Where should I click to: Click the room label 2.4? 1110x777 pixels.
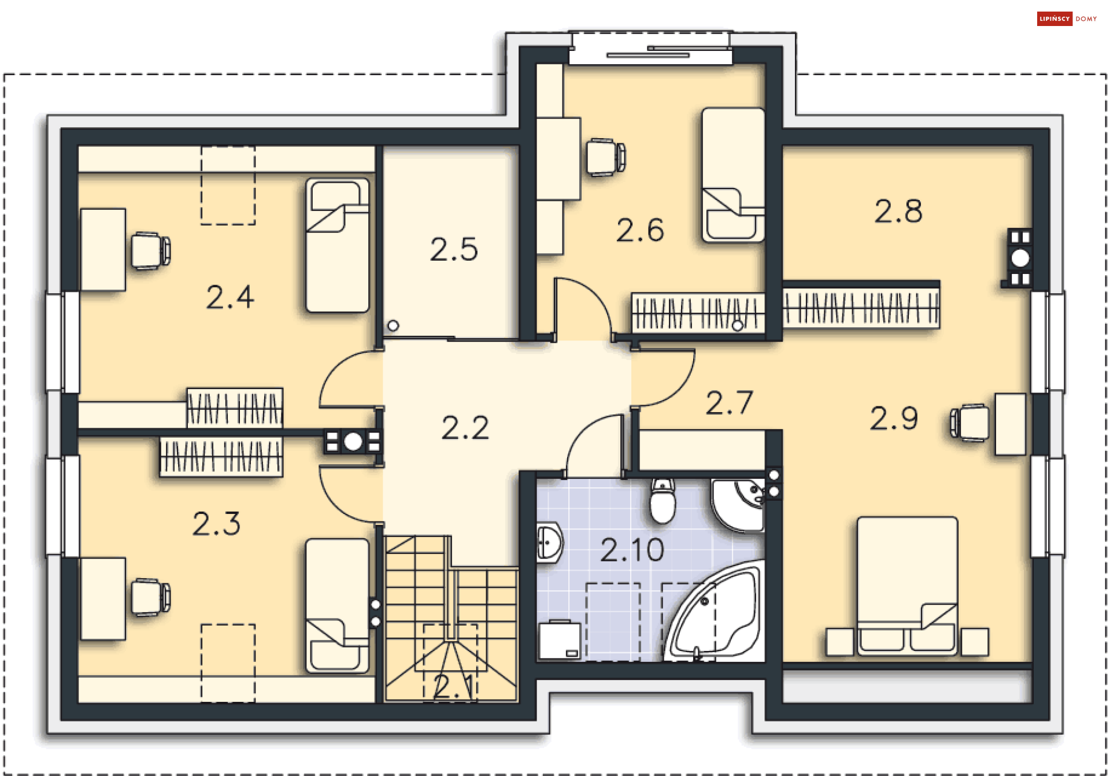coord(230,297)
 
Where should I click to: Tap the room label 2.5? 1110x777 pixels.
coord(454,250)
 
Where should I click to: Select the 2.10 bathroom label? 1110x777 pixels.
coord(632,550)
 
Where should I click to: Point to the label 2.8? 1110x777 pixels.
coord(898,211)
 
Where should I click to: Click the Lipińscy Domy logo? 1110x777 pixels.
coord(1067,18)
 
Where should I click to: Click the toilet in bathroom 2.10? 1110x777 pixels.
coord(663,500)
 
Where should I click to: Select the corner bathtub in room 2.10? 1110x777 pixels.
coord(715,611)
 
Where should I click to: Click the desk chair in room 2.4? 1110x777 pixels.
coord(150,250)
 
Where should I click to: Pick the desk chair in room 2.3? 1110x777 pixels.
coord(150,597)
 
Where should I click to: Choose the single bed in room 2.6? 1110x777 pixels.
coord(733,175)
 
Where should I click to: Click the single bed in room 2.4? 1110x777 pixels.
coord(338,245)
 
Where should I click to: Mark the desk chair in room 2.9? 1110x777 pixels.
coord(970,423)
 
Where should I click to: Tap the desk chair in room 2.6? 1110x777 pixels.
coord(606,157)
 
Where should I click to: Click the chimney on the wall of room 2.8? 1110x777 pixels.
coord(1019,258)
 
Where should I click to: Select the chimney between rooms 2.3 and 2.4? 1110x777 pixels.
coord(353,442)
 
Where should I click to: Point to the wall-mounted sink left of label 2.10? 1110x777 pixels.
coord(549,542)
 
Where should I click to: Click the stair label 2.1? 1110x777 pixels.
coord(454,686)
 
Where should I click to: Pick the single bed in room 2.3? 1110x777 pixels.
coord(338,606)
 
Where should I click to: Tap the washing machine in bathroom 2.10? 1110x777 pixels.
coord(560,640)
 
